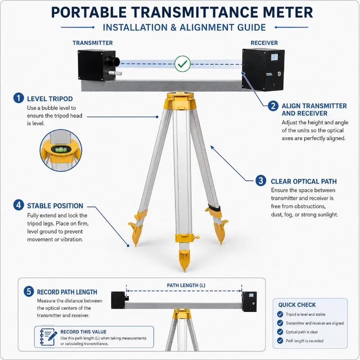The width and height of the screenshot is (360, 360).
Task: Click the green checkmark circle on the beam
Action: pyautogui.click(x=183, y=64)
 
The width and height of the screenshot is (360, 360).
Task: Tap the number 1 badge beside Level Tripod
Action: pyautogui.click(x=18, y=98)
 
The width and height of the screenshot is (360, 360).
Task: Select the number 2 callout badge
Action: pyautogui.click(x=273, y=106)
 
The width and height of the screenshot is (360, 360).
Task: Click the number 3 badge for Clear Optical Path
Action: pyautogui.click(x=261, y=181)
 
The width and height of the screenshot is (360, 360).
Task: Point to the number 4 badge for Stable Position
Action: pyautogui.click(x=18, y=205)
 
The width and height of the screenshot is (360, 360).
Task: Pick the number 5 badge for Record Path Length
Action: pyautogui.click(x=29, y=291)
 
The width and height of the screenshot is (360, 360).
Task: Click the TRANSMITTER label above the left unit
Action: pyautogui.click(x=93, y=43)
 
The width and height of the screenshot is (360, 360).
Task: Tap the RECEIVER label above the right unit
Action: pyautogui.click(x=264, y=43)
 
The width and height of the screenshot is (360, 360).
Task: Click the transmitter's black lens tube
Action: pyautogui.click(x=113, y=62)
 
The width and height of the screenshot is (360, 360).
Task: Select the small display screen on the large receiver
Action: pyautogui.click(x=274, y=57)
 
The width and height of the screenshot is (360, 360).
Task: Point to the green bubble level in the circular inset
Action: pyautogui.click(x=61, y=150)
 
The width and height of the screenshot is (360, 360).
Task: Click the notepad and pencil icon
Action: pyautogui.click(x=48, y=337)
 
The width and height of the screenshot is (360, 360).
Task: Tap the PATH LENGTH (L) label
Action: pyautogui.click(x=186, y=285)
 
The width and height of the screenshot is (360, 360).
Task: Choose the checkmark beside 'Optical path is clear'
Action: pyautogui.click(x=280, y=332)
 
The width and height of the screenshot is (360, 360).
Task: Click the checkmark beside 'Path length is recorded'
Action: pyautogui.click(x=280, y=341)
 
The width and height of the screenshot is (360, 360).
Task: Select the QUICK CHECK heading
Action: pyautogui.click(x=297, y=305)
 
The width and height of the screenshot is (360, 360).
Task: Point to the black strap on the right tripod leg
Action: pyautogui.click(x=215, y=208)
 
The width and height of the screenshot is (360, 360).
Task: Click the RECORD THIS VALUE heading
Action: pyautogui.click(x=83, y=332)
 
